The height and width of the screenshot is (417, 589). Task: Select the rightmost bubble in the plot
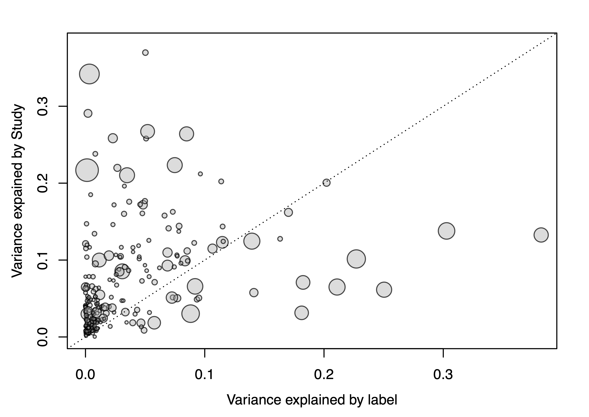coord(541,235)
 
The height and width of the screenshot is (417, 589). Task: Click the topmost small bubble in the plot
coord(145,53)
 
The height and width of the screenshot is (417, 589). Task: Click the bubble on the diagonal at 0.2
coord(326,183)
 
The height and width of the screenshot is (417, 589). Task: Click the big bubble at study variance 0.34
coord(89,74)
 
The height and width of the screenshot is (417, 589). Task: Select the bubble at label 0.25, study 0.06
coord(384,290)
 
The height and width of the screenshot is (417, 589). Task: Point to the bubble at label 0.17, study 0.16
coord(288,212)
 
